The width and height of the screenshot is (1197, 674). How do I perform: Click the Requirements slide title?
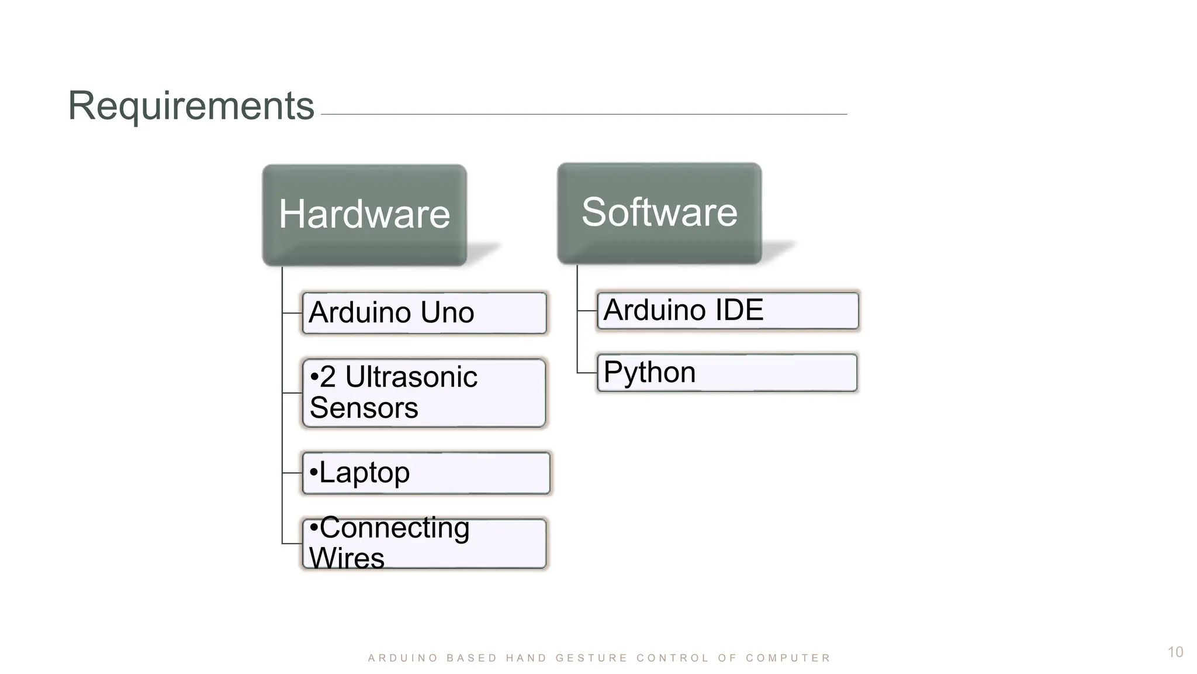(191, 106)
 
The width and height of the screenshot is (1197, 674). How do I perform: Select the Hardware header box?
(364, 215)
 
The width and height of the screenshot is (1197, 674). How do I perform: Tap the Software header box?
(659, 213)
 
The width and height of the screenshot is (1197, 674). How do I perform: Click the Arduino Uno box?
(424, 313)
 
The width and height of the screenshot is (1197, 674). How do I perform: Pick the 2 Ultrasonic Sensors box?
(424, 393)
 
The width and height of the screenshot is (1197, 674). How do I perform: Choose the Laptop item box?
(426, 473)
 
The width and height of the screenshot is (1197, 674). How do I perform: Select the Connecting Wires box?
(424, 543)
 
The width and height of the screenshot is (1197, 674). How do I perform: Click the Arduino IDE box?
(728, 311)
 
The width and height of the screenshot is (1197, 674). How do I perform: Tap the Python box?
(727, 373)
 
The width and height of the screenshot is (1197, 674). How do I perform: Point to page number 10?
(1175, 652)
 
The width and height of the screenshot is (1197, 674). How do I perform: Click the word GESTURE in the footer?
(591, 658)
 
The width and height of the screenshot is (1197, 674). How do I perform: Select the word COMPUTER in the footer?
(788, 658)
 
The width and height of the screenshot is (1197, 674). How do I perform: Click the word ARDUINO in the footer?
(403, 658)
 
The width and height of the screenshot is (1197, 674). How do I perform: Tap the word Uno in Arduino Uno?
(447, 313)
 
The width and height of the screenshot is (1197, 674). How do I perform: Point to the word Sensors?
(364, 408)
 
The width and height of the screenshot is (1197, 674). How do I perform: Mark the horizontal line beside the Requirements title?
(584, 114)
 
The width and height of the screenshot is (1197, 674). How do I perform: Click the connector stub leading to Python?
(587, 373)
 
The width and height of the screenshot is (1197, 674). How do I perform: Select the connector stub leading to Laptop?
(292, 473)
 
